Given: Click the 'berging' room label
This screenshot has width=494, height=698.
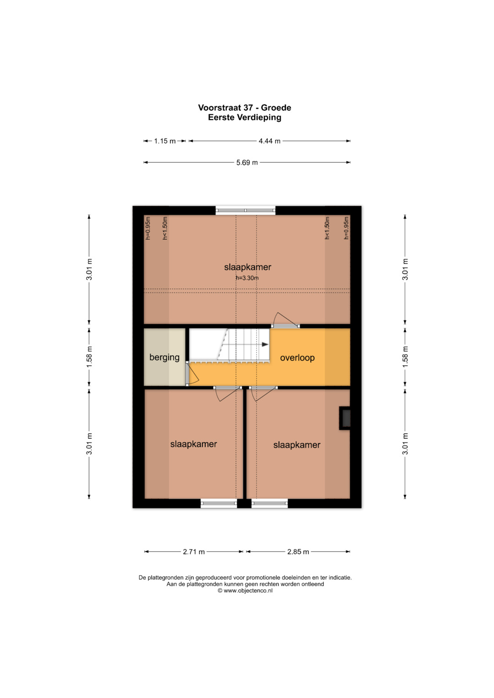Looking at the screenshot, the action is tap(164, 357).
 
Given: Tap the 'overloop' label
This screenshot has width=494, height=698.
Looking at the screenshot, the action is tap(297, 358).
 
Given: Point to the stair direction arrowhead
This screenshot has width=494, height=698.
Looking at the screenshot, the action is tap(265, 344).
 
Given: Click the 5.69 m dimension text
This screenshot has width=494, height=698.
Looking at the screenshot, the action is tap(247, 162).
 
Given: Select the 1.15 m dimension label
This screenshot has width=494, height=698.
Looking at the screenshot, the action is tap(165, 141).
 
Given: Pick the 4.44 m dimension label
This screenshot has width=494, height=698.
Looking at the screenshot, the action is tap(269, 141).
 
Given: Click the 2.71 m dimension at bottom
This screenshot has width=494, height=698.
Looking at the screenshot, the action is tap(193, 552).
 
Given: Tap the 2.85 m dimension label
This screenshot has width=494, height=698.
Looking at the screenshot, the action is tap(298, 552).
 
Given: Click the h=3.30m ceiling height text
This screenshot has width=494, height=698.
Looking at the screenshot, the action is tap(247, 278).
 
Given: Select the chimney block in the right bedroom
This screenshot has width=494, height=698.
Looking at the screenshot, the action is tap(344, 419).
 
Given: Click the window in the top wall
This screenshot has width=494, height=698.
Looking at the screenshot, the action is tap(246, 210).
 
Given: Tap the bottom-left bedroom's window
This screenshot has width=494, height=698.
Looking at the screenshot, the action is tap(219, 503).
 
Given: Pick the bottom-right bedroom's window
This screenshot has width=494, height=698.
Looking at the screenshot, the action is tap(269, 503).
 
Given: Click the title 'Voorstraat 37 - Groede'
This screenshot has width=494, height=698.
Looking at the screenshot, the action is tap(245, 107).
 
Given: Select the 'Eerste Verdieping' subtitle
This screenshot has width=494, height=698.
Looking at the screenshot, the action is tap(245, 117).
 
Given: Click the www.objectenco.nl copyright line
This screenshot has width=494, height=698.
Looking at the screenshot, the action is tap(245, 591).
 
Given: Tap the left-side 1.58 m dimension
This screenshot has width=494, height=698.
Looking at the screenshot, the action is tap(90, 357).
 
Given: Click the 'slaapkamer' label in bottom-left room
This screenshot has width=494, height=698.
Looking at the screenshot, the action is tap(193, 444).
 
